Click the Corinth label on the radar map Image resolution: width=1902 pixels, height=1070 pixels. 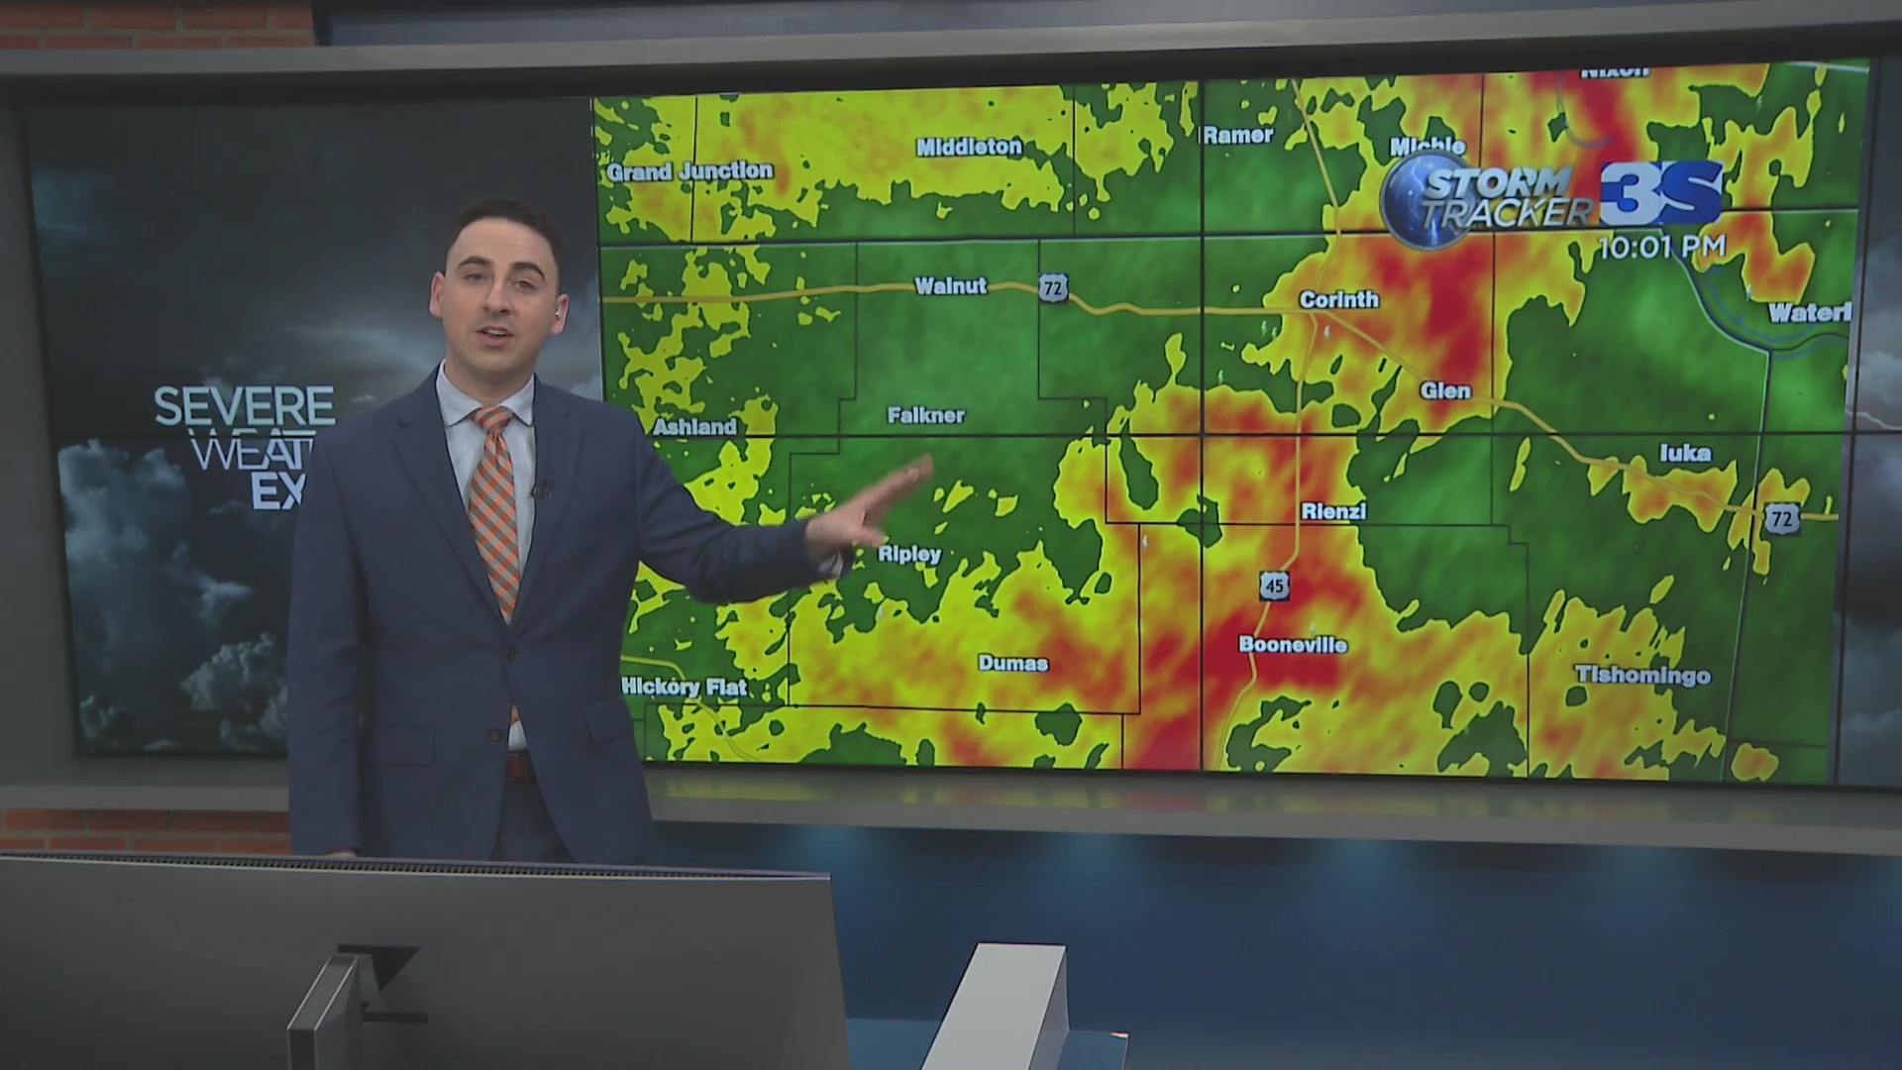click(x=1338, y=299)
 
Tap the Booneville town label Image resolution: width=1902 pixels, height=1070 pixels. click(x=1293, y=645)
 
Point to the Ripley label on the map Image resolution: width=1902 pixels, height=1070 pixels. click(x=909, y=554)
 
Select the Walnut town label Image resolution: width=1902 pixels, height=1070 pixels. click(x=950, y=286)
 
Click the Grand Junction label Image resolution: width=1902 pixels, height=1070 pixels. click(x=689, y=171)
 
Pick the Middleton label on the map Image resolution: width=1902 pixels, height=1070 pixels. click(x=968, y=147)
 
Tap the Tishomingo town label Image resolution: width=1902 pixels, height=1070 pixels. click(x=1642, y=676)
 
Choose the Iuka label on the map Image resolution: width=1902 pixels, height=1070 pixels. click(x=1684, y=453)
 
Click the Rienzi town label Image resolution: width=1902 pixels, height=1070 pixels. click(x=1333, y=511)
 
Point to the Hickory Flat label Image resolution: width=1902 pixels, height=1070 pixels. click(x=684, y=687)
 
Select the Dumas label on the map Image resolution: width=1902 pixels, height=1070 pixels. click(x=1012, y=663)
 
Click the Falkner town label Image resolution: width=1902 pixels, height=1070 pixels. click(x=925, y=415)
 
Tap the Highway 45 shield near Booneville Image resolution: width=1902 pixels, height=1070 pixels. click(x=1274, y=586)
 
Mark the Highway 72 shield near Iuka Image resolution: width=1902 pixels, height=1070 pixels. click(x=1780, y=517)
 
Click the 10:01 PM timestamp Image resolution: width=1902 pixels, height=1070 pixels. click(x=1661, y=248)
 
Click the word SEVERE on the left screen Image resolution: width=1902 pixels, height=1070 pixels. click(x=245, y=406)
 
